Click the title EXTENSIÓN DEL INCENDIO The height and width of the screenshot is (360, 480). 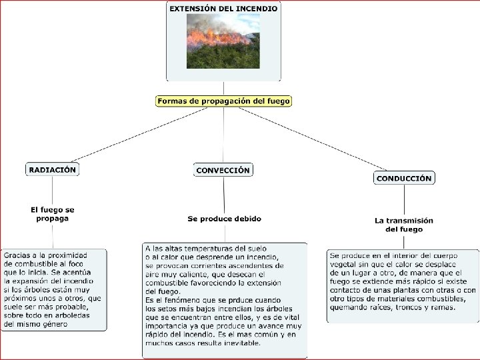pyautogui.click(x=223, y=9)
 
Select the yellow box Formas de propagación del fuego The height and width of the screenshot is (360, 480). pyautogui.click(x=224, y=101)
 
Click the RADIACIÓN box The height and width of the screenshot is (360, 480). pyautogui.click(x=53, y=169)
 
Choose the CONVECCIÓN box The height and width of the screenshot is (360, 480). pyautogui.click(x=223, y=170)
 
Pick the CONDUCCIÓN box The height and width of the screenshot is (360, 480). pyautogui.click(x=404, y=178)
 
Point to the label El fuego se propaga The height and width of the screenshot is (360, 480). pyautogui.click(x=53, y=214)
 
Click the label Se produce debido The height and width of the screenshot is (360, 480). pyautogui.click(x=224, y=219)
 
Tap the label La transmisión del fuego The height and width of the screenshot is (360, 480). pyautogui.click(x=404, y=225)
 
